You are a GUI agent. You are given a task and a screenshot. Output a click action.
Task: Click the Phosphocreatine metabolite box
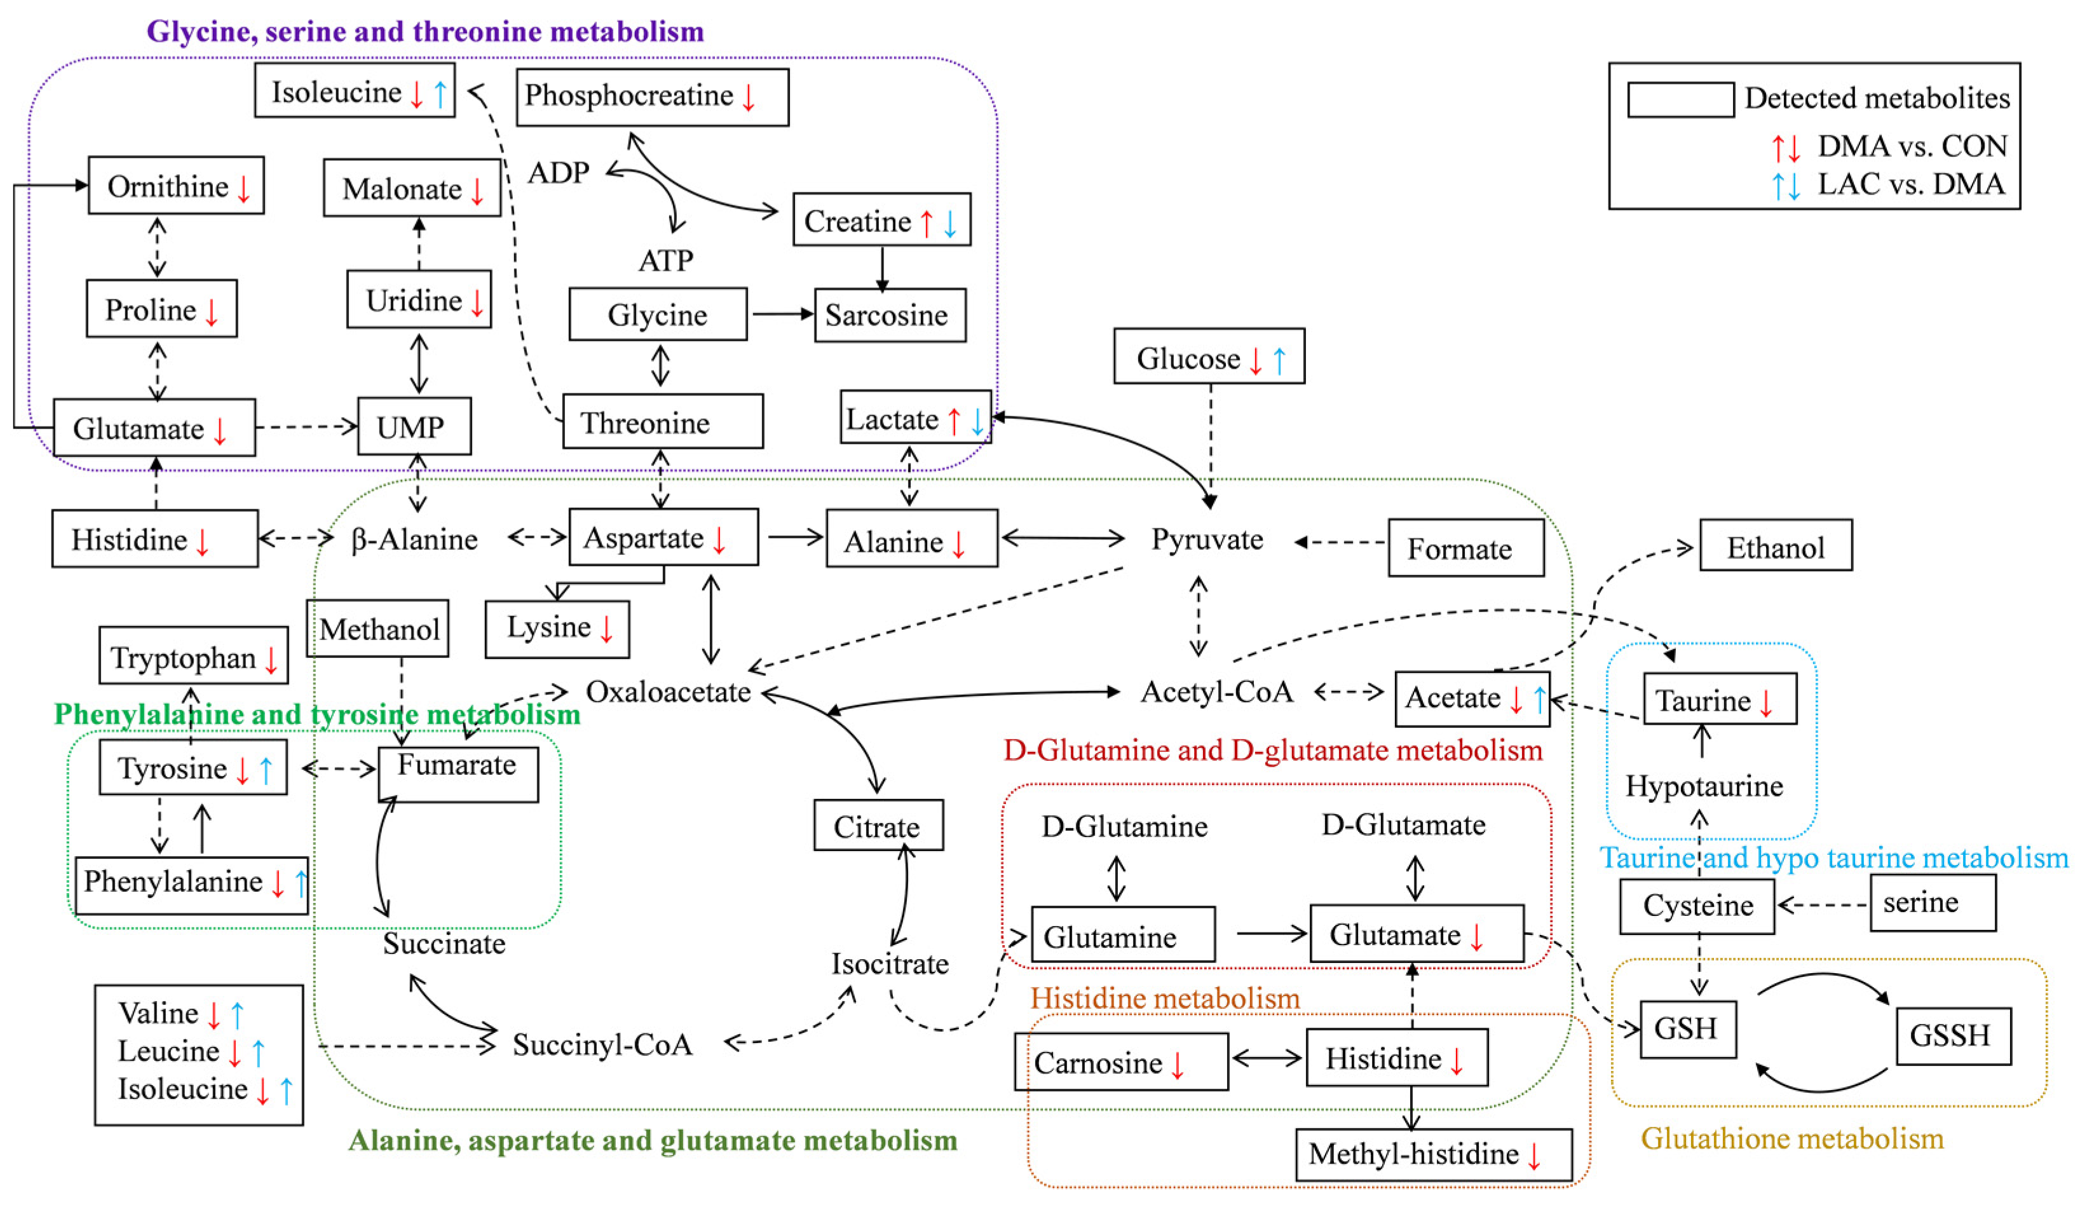(x=652, y=97)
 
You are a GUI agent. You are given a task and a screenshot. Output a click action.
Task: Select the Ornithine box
(x=175, y=186)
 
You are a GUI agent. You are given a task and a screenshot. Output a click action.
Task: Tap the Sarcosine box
(x=890, y=315)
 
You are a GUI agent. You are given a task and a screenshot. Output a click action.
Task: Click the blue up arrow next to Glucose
(x=1279, y=360)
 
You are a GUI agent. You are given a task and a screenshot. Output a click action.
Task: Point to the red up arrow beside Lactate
(x=954, y=421)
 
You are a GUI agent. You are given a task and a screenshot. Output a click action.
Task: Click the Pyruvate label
(x=1207, y=539)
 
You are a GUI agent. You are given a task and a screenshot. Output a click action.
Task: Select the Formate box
(x=1465, y=548)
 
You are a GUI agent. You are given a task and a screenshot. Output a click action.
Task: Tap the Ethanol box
(x=1775, y=546)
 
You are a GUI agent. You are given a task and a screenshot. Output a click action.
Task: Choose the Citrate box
(x=878, y=826)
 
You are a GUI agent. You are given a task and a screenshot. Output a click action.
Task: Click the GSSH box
(x=1952, y=1035)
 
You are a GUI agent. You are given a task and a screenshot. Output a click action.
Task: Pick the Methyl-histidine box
(x=1432, y=1154)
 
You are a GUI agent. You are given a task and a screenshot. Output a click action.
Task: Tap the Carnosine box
(x=1120, y=1061)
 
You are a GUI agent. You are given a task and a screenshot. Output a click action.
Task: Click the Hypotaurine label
(x=1704, y=786)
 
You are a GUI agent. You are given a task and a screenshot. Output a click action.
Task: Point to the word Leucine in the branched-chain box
(x=169, y=1051)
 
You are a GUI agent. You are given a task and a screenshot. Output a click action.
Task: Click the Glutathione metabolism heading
(x=1792, y=1138)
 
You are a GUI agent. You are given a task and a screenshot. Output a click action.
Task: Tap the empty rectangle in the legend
(x=1680, y=99)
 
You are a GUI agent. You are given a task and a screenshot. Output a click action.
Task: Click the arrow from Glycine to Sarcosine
(x=781, y=314)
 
